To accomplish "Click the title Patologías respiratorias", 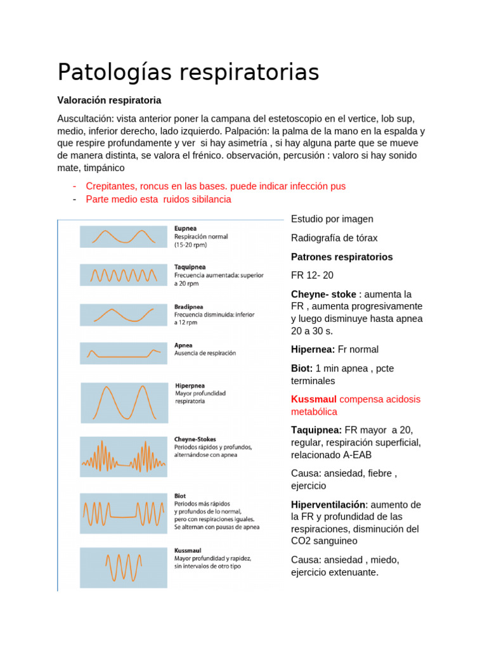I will point(188,72).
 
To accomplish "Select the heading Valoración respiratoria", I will point(109,100).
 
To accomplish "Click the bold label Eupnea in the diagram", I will point(185,229).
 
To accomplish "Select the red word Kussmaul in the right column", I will point(314,399).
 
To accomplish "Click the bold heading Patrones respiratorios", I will point(342,257).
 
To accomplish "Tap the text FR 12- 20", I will point(312,275).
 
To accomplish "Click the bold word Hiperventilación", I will point(328,504).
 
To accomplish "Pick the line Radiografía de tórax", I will point(334,238).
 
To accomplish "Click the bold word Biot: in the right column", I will point(302,368).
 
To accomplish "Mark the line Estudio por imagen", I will point(332,219).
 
